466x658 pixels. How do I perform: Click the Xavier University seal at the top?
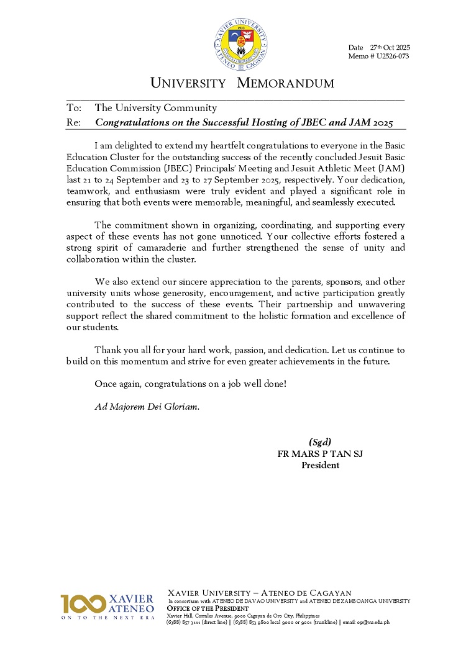pyautogui.click(x=240, y=39)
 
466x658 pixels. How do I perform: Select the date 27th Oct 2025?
pyautogui.click(x=390, y=48)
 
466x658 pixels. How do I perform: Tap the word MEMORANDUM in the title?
pyautogui.click(x=286, y=83)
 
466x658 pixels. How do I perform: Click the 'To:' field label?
pyautogui.click(x=74, y=107)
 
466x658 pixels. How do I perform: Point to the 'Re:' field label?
pyautogui.click(x=73, y=123)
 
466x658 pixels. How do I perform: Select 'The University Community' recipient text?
pyautogui.click(x=155, y=107)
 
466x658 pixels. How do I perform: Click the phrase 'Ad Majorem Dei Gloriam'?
pyautogui.click(x=147, y=407)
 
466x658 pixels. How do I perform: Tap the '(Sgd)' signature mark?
pyautogui.click(x=320, y=442)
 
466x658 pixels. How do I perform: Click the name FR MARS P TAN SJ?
pyautogui.click(x=320, y=454)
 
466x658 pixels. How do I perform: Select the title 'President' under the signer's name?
pyautogui.click(x=320, y=465)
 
